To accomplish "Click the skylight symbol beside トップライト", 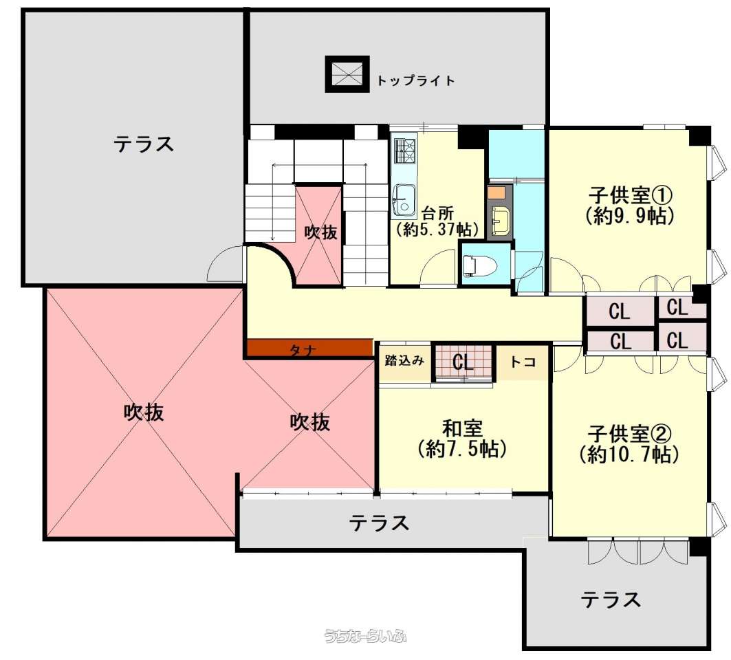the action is [347, 74].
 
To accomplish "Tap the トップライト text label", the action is [415, 80].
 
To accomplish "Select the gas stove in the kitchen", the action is [404, 151].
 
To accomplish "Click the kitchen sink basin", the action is [404, 201].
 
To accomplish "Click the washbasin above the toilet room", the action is [500, 219].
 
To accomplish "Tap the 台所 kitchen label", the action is [437, 214].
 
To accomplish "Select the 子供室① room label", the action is [630, 195].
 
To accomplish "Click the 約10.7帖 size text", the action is [629, 454].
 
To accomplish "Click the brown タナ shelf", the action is [309, 348].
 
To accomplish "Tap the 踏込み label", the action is [404, 360].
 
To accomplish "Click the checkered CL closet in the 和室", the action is [463, 362].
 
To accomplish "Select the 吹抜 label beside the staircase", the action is [320, 232].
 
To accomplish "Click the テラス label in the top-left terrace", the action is [144, 144].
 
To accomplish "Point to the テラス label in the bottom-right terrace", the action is [610, 599].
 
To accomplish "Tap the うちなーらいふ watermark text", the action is [366, 636].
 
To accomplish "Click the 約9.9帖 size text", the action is [630, 216].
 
